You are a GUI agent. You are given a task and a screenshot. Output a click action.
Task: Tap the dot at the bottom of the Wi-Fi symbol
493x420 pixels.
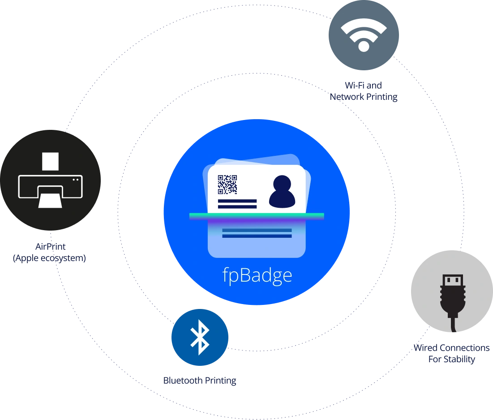pos(364,47)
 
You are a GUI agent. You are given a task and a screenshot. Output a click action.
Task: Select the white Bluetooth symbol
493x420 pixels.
pos(200,337)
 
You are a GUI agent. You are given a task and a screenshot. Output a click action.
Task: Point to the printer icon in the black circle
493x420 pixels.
pos(50,180)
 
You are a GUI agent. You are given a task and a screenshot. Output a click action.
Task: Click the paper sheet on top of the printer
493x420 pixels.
pos(50,162)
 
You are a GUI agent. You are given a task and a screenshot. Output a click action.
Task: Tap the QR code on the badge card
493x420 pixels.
pos(227,184)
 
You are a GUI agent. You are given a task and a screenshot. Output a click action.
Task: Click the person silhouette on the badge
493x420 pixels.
pos(282,192)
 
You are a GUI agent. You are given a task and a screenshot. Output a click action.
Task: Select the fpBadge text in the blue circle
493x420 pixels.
pos(257,275)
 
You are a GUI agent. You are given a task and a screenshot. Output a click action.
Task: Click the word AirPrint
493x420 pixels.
pos(50,246)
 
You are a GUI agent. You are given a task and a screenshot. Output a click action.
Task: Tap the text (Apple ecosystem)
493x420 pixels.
pos(49,258)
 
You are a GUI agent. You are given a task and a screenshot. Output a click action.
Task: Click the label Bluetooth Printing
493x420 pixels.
pos(200,381)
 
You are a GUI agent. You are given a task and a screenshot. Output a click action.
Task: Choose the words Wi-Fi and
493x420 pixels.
pos(364,85)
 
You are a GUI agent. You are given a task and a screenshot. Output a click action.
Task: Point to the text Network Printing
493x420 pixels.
pos(364,97)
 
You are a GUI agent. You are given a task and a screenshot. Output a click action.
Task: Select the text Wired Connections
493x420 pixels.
pos(451,348)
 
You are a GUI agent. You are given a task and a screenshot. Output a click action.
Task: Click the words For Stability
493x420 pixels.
pos(452,359)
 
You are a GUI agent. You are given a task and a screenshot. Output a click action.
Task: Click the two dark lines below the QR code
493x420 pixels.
pos(237,204)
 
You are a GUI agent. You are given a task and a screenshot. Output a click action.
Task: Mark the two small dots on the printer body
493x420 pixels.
pos(76,180)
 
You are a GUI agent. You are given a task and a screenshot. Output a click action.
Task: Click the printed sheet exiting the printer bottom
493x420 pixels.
pos(50,201)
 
